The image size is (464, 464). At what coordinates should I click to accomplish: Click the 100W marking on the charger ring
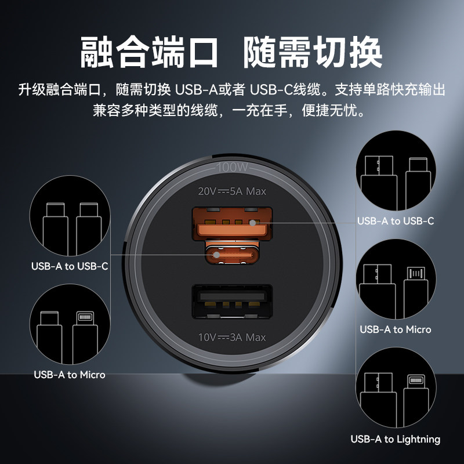click(x=232, y=168)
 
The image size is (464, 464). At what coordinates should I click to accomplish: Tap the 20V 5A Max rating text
click(x=232, y=191)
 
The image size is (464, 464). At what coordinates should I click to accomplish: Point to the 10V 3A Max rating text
click(x=232, y=337)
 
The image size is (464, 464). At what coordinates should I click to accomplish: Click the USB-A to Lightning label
click(x=395, y=439)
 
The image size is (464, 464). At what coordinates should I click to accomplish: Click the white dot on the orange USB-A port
click(x=252, y=222)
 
